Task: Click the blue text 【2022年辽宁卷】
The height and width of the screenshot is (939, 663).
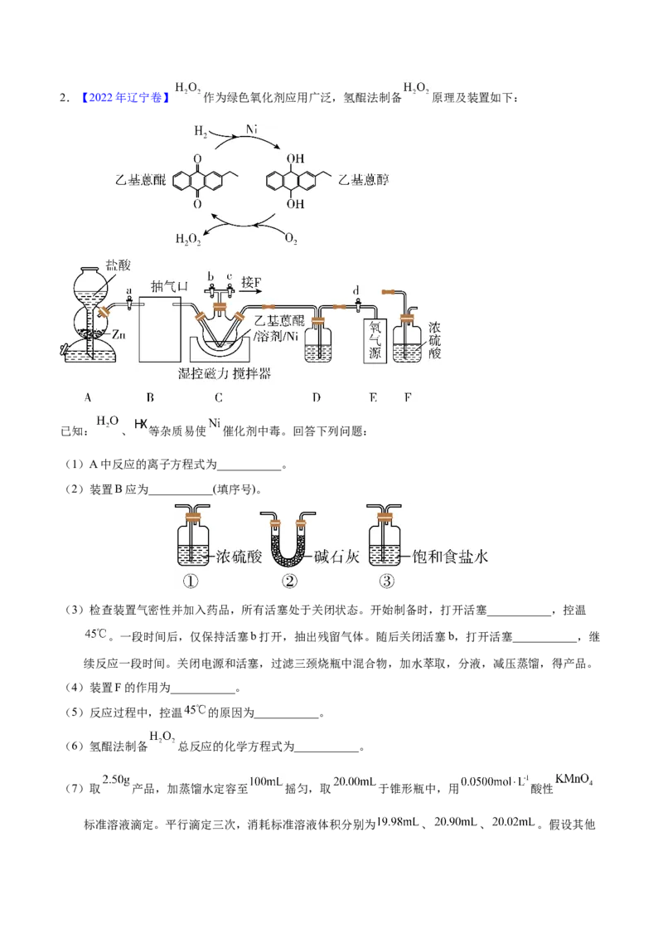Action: coord(123,98)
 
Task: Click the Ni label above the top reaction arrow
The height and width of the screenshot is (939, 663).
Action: coord(252,129)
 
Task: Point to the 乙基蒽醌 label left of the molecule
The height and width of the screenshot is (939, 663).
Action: coord(140,180)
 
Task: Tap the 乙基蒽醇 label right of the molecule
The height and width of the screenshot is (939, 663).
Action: coord(364,180)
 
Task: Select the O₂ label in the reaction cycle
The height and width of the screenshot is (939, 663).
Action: coord(291,239)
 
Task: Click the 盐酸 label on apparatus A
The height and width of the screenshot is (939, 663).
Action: coord(118,265)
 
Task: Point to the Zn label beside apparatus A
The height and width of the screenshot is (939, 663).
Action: coord(119,335)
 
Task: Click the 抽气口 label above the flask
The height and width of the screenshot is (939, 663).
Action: coord(169,287)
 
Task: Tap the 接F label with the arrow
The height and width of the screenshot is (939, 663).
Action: coord(251,282)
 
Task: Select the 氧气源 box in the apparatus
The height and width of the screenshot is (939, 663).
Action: coord(375,341)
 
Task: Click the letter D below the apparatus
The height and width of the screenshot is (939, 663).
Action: coord(317,397)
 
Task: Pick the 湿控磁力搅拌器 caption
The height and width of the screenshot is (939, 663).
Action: coord(225,374)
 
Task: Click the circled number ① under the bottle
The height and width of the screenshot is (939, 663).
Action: coord(191,581)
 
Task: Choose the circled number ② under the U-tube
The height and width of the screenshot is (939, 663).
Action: coord(289,581)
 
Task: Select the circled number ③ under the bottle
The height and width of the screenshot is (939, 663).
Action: coord(387,581)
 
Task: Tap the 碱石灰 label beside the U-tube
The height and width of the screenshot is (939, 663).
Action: coord(336,557)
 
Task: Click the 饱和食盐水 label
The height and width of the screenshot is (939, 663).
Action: coord(450,557)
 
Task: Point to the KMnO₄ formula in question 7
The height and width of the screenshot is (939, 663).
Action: coord(573,780)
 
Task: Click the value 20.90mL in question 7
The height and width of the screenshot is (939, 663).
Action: coord(455,821)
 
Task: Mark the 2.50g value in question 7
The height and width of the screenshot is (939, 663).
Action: coord(116,780)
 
